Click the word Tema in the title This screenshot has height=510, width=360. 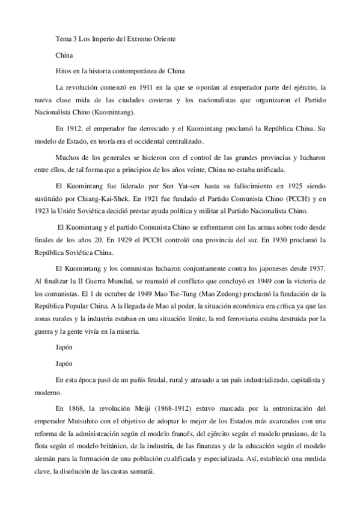pos(63,39)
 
